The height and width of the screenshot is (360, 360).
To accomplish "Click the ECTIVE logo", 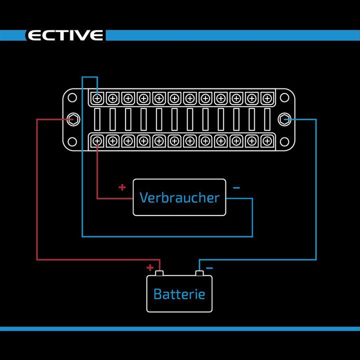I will pyautogui.click(x=65, y=35).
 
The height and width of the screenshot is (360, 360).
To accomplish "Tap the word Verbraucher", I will pyautogui.click(x=179, y=197).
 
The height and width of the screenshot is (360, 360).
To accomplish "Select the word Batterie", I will pyautogui.click(x=179, y=293).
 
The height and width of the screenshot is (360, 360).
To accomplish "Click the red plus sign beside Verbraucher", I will pyautogui.click(x=122, y=187).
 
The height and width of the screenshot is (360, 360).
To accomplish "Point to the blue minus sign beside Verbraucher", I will pyautogui.click(x=236, y=188).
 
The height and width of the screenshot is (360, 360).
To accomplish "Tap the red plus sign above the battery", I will pyautogui.click(x=149, y=267).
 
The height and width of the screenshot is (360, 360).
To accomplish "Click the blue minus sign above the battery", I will pyautogui.click(x=209, y=268).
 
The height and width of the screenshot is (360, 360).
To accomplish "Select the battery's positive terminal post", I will pyautogui.click(x=159, y=273).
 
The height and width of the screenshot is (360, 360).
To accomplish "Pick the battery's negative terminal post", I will pyautogui.click(x=199, y=273).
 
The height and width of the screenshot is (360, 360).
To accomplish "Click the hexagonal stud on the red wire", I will pyautogui.click(x=73, y=119).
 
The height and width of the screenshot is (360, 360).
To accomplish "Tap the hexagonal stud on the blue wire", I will pyautogui.click(x=285, y=119).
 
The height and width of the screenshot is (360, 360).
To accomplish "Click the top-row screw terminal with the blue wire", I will pyautogui.click(x=97, y=97).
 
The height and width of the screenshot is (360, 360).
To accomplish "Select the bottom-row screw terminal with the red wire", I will pyautogui.click(x=97, y=141).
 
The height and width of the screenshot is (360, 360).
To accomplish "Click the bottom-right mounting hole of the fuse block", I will pyautogui.click(x=285, y=141).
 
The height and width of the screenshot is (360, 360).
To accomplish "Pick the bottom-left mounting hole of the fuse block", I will pyautogui.click(x=72, y=141).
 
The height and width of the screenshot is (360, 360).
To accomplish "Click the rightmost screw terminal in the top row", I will pyautogui.click(x=267, y=97).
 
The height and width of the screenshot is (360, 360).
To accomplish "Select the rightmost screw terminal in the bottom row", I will pyautogui.click(x=267, y=141).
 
